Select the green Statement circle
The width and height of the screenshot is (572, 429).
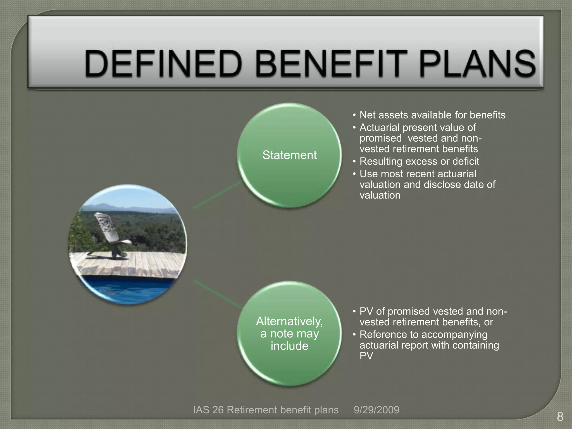click(x=289, y=155)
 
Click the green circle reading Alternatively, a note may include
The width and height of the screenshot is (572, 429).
click(x=289, y=333)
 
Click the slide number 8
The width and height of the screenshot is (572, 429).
click(x=560, y=417)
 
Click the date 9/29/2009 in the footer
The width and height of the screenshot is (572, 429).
click(x=376, y=410)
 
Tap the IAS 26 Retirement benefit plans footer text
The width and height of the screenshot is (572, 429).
click(x=266, y=410)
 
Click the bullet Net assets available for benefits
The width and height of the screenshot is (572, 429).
click(x=432, y=115)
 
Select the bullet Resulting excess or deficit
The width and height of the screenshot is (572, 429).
click(x=419, y=161)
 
